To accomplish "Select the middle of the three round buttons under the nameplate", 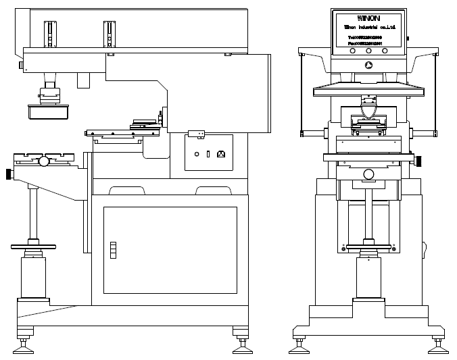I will (x=368, y=50).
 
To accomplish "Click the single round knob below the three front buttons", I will (x=368, y=66).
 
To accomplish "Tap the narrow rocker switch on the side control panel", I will (x=208, y=154).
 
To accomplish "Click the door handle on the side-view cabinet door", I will (x=113, y=249).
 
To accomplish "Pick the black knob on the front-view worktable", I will (x=419, y=161).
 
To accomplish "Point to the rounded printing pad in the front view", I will (x=369, y=107).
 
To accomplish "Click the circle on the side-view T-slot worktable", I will (x=44, y=161).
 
